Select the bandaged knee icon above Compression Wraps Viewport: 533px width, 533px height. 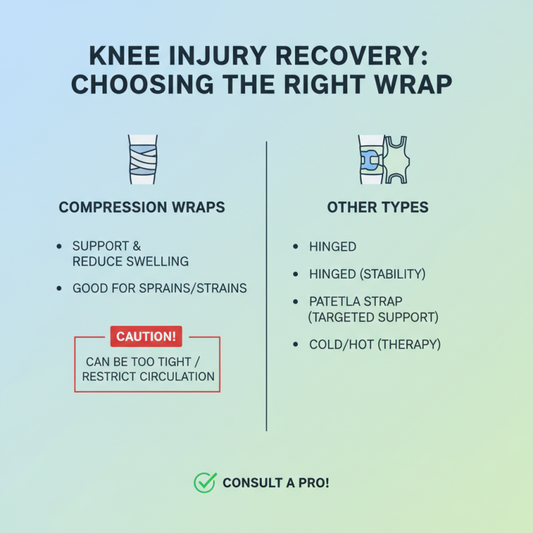[x=142, y=159]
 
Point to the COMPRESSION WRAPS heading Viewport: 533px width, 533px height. [x=142, y=208]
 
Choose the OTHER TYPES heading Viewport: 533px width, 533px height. [x=378, y=208]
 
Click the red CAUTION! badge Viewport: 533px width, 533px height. [x=147, y=337]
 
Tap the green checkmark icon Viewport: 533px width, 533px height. [x=204, y=482]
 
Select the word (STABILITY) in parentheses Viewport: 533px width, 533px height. [x=394, y=274]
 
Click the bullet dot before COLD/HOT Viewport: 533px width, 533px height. [x=296, y=344]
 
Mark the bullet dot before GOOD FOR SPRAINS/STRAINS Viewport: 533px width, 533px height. [x=60, y=289]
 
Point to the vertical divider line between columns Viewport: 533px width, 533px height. [x=266, y=286]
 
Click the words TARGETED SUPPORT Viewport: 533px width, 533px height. [x=376, y=317]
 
